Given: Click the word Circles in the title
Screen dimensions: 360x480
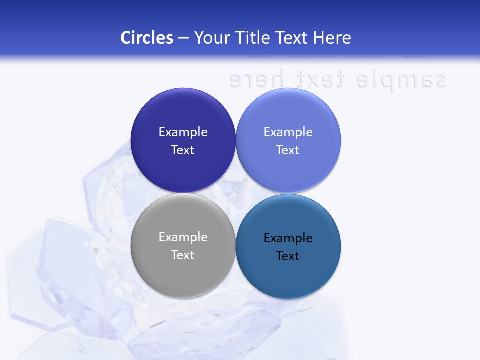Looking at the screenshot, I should point(147,38).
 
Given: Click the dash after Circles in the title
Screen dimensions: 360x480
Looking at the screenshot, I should point(183,38).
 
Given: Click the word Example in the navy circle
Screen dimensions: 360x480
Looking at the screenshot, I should point(183,132).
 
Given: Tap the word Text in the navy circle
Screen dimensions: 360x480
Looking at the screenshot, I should point(183,150).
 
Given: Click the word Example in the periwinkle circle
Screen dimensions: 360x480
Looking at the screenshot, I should point(288,132).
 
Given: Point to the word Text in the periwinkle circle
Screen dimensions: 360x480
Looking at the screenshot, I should point(288,150).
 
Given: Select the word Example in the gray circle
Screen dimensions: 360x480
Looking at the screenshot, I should point(183,237).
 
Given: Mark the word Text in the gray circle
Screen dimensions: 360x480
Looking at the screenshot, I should point(183,255).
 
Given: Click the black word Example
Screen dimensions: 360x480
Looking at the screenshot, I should point(288,238).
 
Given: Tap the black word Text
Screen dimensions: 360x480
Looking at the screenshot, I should point(288,256).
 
